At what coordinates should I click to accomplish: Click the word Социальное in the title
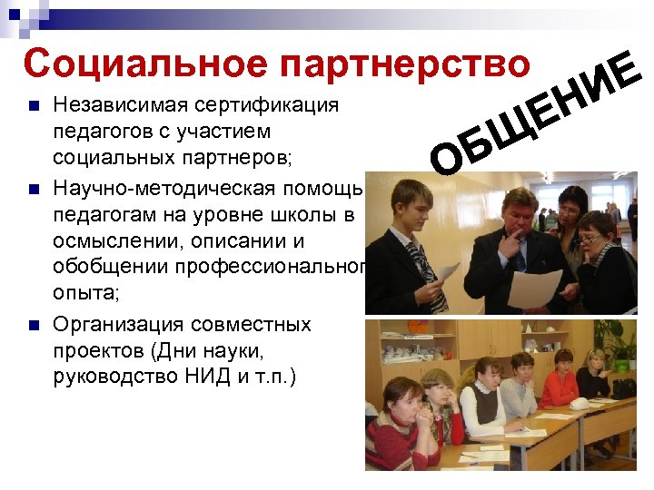[x=146, y=64]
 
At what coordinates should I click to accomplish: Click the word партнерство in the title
[x=405, y=64]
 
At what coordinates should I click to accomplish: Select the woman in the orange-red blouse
[x=557, y=391]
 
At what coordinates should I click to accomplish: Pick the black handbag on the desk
[x=624, y=387]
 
